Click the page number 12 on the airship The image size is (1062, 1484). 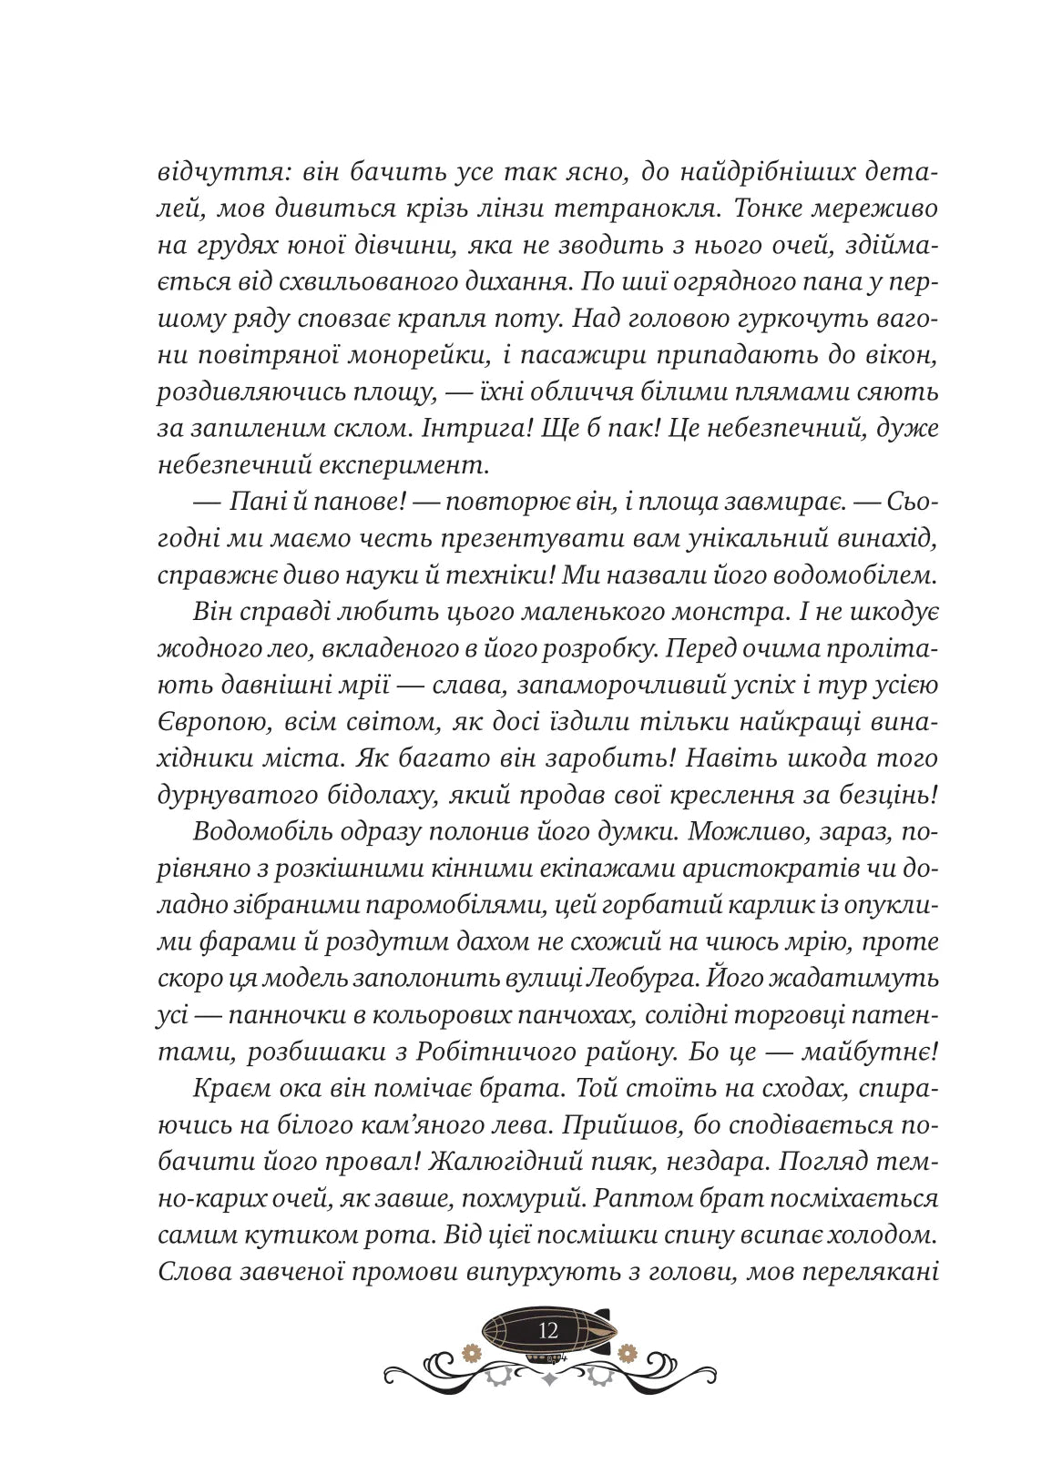pyautogui.click(x=547, y=1330)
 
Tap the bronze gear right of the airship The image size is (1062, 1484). pyautogui.click(x=625, y=1352)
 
